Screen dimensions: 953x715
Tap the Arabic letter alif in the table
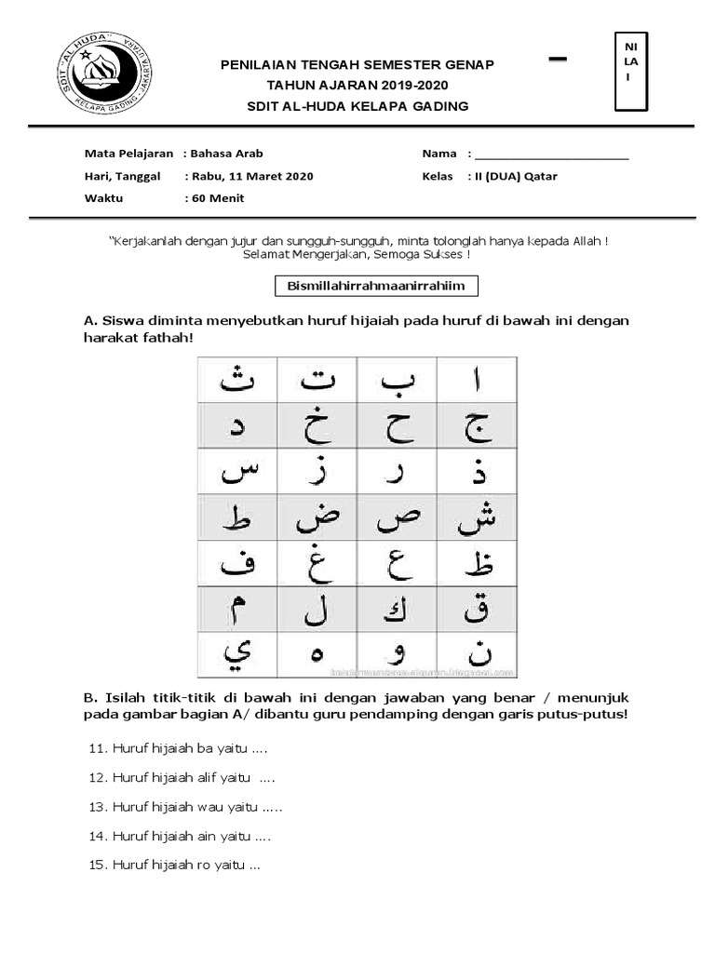click(478, 380)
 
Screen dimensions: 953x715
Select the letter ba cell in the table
click(398, 380)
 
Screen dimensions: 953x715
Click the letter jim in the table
click(478, 426)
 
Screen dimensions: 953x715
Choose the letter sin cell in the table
click(237, 473)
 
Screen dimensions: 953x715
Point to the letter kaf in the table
click(398, 610)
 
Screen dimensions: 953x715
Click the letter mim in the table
click(237, 610)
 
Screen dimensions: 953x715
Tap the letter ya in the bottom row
click(237, 653)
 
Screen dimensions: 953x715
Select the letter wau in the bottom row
click(398, 655)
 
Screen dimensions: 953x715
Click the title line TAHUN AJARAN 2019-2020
click(357, 85)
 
